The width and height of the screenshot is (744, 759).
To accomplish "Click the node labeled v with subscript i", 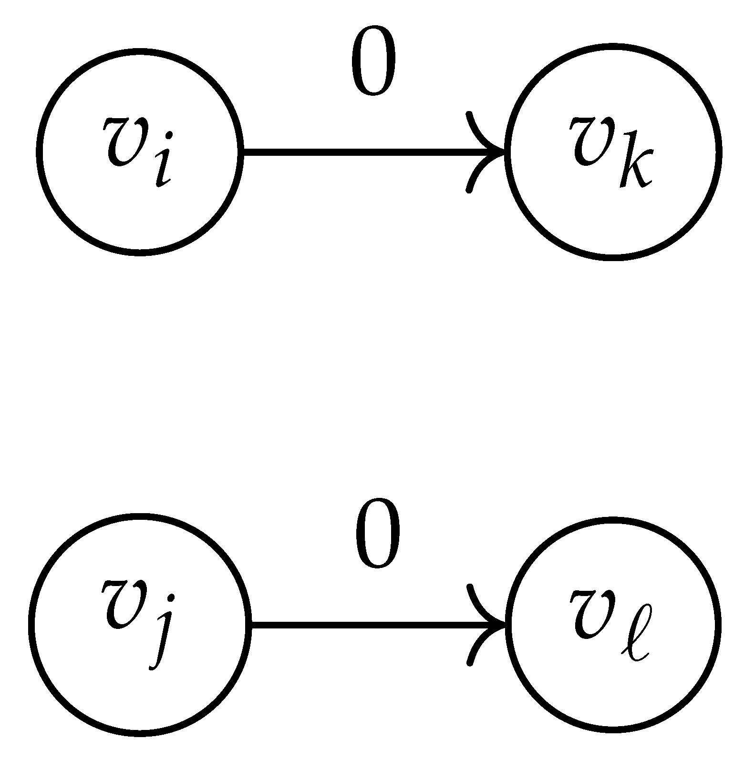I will coord(139,152).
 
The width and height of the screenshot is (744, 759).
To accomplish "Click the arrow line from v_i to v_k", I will coord(362,152).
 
